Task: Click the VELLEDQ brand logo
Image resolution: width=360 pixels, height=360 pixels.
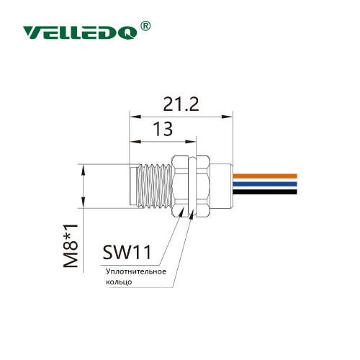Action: coord(80,32)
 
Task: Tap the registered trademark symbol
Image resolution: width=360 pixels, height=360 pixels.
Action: coord(145,26)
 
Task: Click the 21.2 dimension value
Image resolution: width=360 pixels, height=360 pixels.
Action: coord(181,104)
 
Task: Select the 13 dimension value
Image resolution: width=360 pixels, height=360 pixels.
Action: coord(163,129)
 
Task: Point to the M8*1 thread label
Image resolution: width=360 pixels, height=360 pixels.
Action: coord(71,246)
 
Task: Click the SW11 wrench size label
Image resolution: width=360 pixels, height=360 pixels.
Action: coord(127,252)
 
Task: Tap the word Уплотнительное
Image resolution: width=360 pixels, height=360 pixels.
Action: coord(136,271)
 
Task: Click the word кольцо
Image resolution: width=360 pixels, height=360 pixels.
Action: coord(119,282)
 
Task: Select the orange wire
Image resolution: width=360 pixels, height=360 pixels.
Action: coord(265,176)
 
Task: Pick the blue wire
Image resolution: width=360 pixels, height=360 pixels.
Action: coord(265,184)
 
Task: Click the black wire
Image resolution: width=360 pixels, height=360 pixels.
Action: coord(265,192)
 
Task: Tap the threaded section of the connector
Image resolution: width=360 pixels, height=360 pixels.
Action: coord(154,186)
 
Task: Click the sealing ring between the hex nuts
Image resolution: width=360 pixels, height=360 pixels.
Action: coord(192,186)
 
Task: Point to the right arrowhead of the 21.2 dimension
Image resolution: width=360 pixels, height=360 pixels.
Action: coord(228,117)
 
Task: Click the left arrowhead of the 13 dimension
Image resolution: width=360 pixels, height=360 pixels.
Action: coord(135,142)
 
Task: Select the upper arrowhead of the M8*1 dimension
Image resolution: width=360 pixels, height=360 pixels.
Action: coord(83,170)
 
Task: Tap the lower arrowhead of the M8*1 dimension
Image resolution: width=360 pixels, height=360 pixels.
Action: coord(83,202)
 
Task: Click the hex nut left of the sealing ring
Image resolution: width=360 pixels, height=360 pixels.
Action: coord(181,186)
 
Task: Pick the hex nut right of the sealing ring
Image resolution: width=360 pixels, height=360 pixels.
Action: coord(202,186)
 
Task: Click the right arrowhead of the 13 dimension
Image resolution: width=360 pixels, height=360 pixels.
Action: coord(191,142)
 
